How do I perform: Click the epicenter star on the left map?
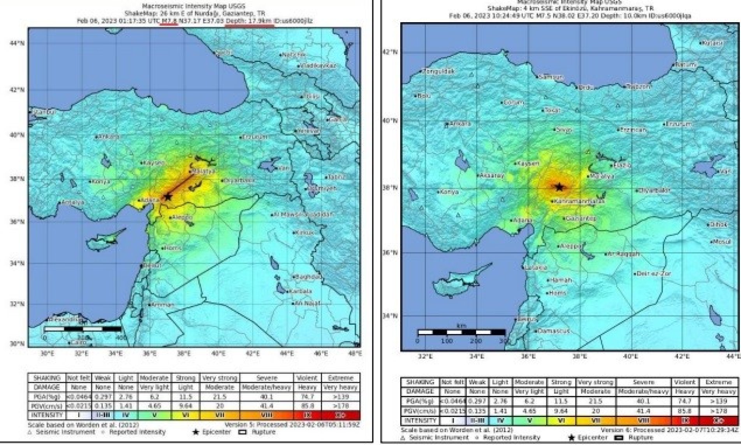point(168,197)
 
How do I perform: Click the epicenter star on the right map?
point(560,187)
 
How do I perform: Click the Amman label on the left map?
point(163,304)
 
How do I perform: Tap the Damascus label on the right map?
point(554,331)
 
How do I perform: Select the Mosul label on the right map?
point(722,242)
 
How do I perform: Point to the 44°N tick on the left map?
point(17,43)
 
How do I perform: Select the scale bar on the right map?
point(461,332)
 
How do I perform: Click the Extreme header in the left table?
point(341,378)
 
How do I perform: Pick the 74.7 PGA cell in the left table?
point(307,397)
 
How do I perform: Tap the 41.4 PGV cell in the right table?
point(643,411)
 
